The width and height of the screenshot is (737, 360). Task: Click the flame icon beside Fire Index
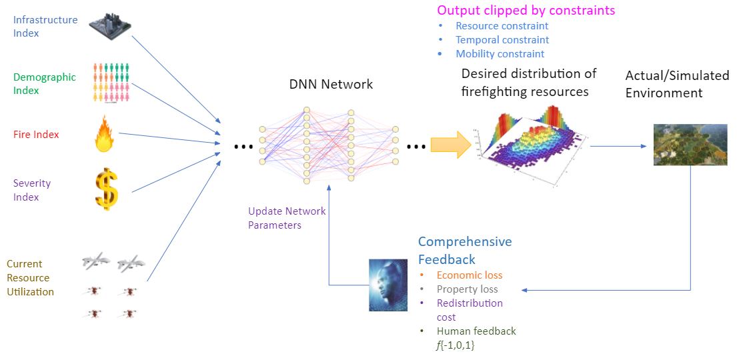click(x=106, y=134)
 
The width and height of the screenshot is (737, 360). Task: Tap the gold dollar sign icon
click(x=106, y=189)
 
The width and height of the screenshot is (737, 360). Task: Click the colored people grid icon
click(x=110, y=83)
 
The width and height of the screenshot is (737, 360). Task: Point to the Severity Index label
click(x=32, y=190)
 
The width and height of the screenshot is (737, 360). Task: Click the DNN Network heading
click(x=331, y=85)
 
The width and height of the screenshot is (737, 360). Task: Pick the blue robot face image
click(x=388, y=285)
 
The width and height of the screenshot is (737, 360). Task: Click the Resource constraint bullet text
click(x=502, y=26)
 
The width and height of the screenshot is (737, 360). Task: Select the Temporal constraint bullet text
click(x=502, y=40)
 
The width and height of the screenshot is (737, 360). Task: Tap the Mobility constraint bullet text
click(x=500, y=54)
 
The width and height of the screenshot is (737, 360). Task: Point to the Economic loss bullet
click(x=469, y=275)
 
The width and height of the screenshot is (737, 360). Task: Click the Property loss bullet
click(x=467, y=289)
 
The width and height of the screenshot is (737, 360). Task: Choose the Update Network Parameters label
click(x=287, y=218)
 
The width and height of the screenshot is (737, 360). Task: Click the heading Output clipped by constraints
click(x=526, y=11)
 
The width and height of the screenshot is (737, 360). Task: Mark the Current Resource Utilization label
click(x=30, y=278)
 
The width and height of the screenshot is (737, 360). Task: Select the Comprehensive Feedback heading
click(x=465, y=250)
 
